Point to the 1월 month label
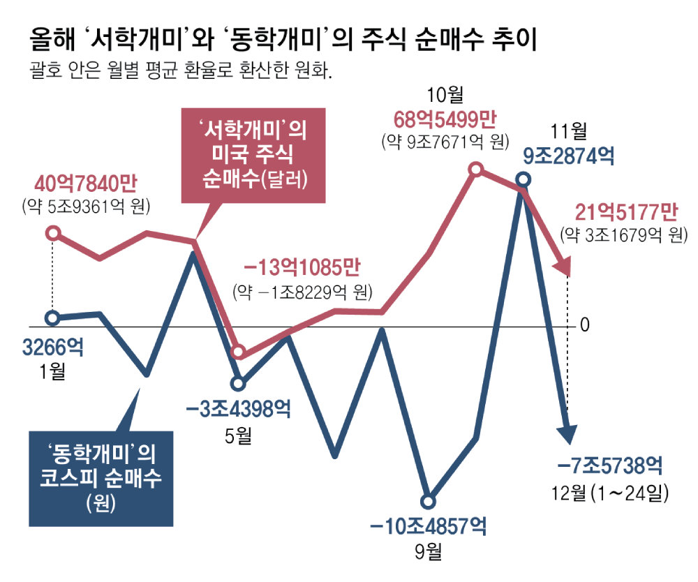(x=52, y=371)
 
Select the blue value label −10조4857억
(x=429, y=525)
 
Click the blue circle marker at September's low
(x=429, y=501)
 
